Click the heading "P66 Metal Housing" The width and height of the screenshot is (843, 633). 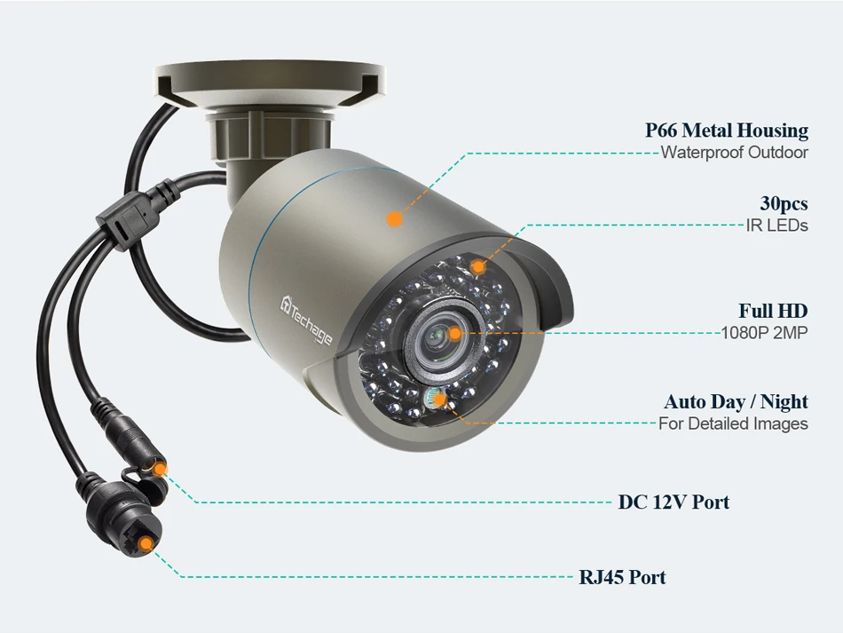tap(726, 131)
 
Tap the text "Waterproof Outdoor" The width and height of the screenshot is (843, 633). tap(734, 153)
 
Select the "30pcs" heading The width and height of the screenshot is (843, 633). tap(784, 204)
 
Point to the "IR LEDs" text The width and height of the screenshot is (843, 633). tap(777, 226)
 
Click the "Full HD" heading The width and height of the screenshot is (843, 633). tap(773, 312)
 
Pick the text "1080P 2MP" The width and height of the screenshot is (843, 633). tap(764, 334)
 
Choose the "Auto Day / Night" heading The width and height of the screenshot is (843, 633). tap(736, 402)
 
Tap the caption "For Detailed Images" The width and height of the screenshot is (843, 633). tap(733, 424)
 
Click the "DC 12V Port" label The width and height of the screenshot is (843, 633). tap(674, 502)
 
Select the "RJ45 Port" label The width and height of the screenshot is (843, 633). tap(622, 577)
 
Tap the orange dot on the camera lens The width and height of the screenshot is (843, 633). tap(454, 334)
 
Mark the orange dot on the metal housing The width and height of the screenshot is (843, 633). tap(395, 217)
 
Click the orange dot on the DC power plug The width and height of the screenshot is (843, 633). tap(159, 466)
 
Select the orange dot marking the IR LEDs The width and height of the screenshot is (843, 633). tap(477, 265)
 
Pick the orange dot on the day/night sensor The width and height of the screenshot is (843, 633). tap(439, 400)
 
